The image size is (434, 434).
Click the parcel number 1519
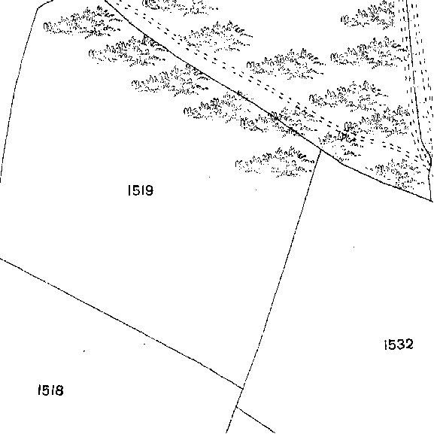coord(141,190)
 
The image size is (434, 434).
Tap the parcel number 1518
coord(50,390)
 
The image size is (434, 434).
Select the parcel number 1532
coord(399,344)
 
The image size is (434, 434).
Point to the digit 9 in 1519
coord(149,190)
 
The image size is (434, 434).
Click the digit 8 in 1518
coord(59,390)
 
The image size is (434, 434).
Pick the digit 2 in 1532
coord(408,344)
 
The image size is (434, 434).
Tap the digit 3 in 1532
coord(399,344)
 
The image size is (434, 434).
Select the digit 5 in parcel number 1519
coord(135,190)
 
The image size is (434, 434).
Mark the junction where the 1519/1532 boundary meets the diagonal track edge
coord(320,150)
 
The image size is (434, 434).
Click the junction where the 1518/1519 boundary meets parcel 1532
coord(243,388)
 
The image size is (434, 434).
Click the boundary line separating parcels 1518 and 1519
coord(121,323)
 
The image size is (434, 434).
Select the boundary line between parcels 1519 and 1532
coord(282,269)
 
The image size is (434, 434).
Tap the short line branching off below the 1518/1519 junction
coord(256,419)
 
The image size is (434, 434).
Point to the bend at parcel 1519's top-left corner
coord(38,8)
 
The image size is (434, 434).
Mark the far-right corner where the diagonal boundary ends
coord(432,201)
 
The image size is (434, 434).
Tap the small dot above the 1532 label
coord(354,247)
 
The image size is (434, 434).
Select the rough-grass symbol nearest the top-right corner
coord(368,16)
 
